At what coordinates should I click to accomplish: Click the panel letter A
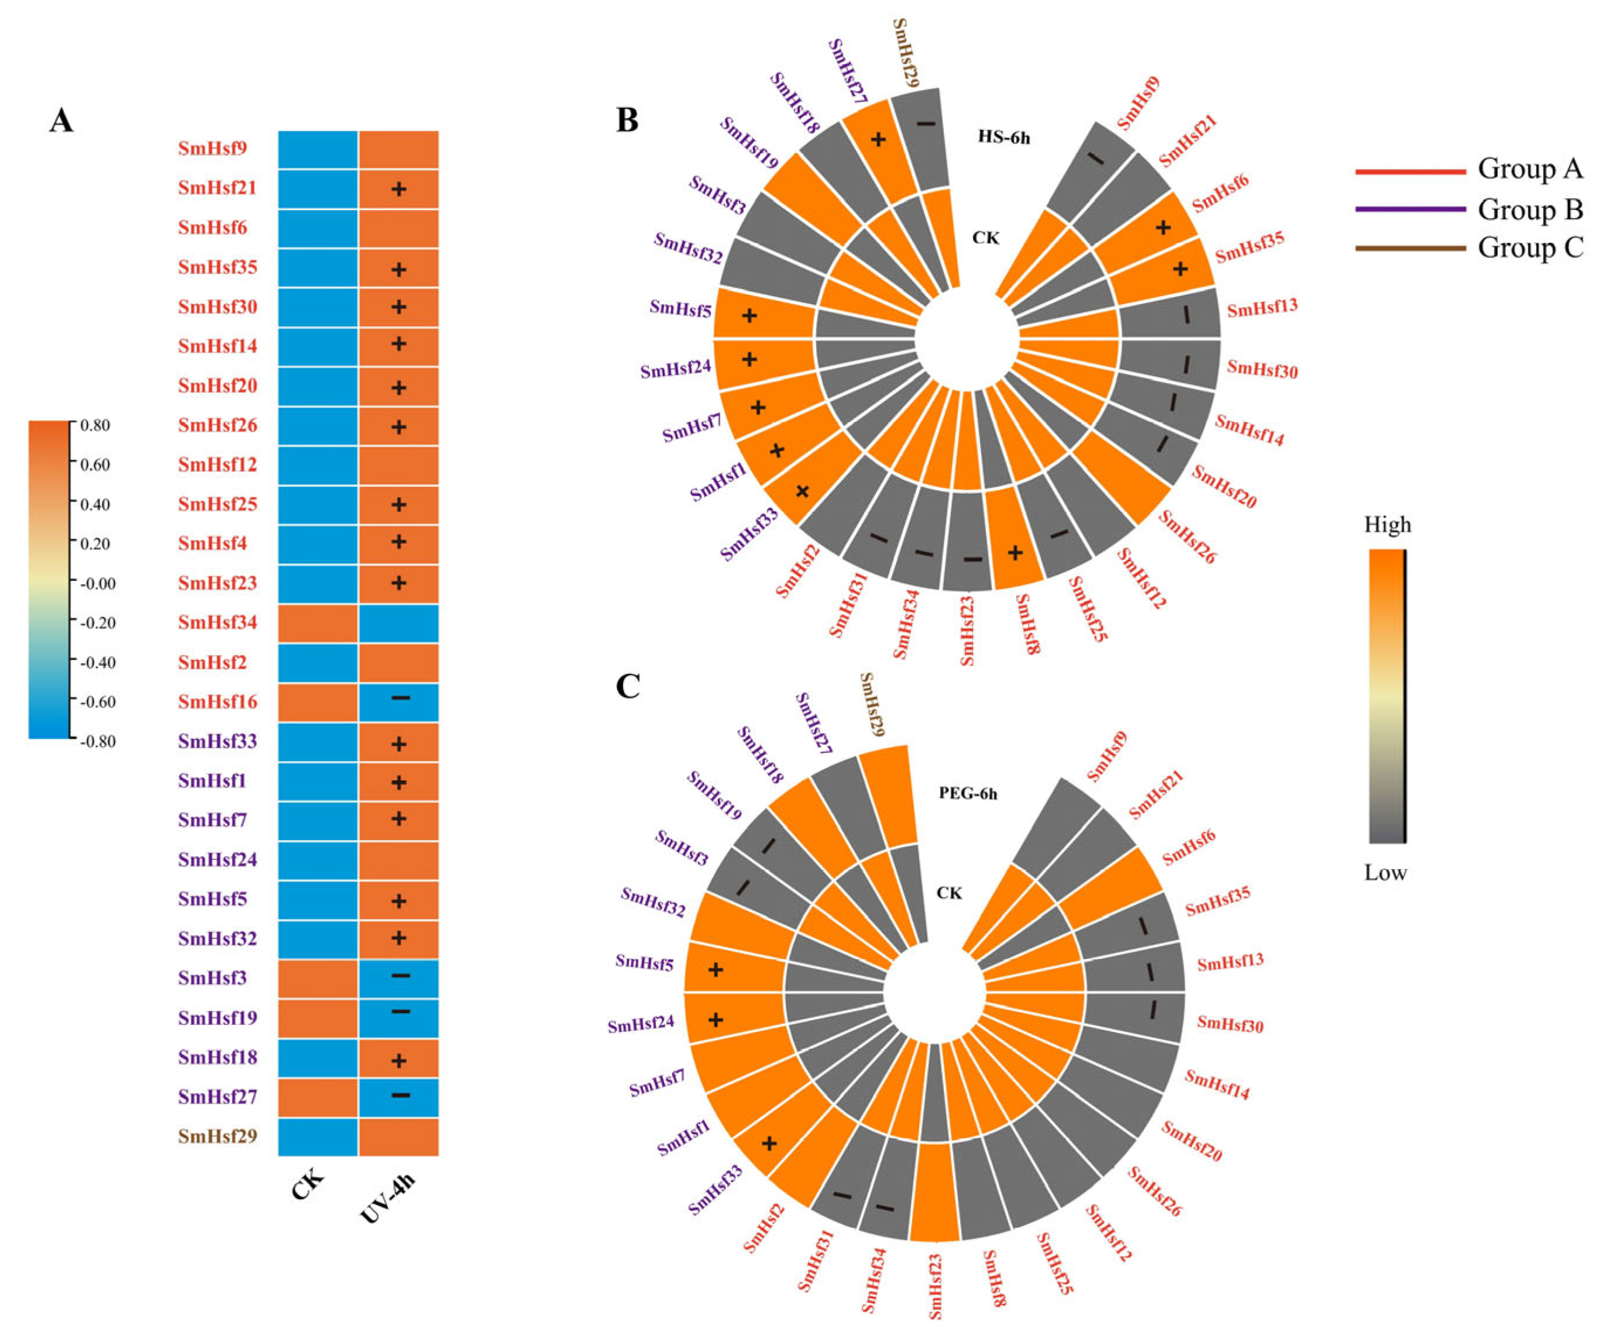[61, 121]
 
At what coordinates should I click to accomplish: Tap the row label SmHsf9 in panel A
[212, 149]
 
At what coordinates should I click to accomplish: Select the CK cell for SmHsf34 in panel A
[318, 623]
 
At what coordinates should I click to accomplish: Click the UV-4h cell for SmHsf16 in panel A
[399, 702]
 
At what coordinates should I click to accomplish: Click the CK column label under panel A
[308, 1184]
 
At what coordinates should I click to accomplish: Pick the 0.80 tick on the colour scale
[95, 425]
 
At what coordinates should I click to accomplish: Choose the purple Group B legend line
[1410, 209]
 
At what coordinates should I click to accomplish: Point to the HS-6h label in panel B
[1003, 138]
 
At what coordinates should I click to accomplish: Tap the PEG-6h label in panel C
[967, 793]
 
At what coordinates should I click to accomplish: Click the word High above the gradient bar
[1387, 525]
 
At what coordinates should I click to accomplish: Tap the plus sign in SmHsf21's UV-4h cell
[398, 189]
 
